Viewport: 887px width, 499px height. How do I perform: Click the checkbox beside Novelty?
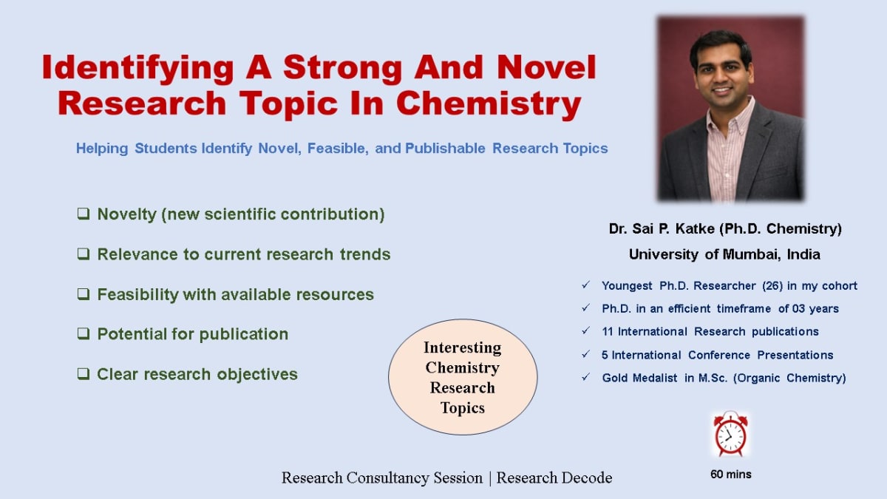pyautogui.click(x=84, y=214)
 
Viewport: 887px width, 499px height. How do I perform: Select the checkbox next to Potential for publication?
pyautogui.click(x=84, y=334)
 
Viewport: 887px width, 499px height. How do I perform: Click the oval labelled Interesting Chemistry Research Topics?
pyautogui.click(x=463, y=377)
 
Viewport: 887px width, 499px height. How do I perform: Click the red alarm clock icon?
pyautogui.click(x=730, y=435)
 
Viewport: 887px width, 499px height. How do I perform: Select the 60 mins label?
pyautogui.click(x=731, y=474)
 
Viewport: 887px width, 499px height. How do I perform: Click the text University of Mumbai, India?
pyautogui.click(x=724, y=254)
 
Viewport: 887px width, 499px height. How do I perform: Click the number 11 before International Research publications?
pyautogui.click(x=608, y=331)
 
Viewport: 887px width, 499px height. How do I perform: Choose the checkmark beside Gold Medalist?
pyautogui.click(x=585, y=377)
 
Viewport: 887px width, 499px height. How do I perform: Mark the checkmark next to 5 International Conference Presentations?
pyautogui.click(x=585, y=354)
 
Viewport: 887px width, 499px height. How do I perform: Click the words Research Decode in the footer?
pyautogui.click(x=554, y=478)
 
